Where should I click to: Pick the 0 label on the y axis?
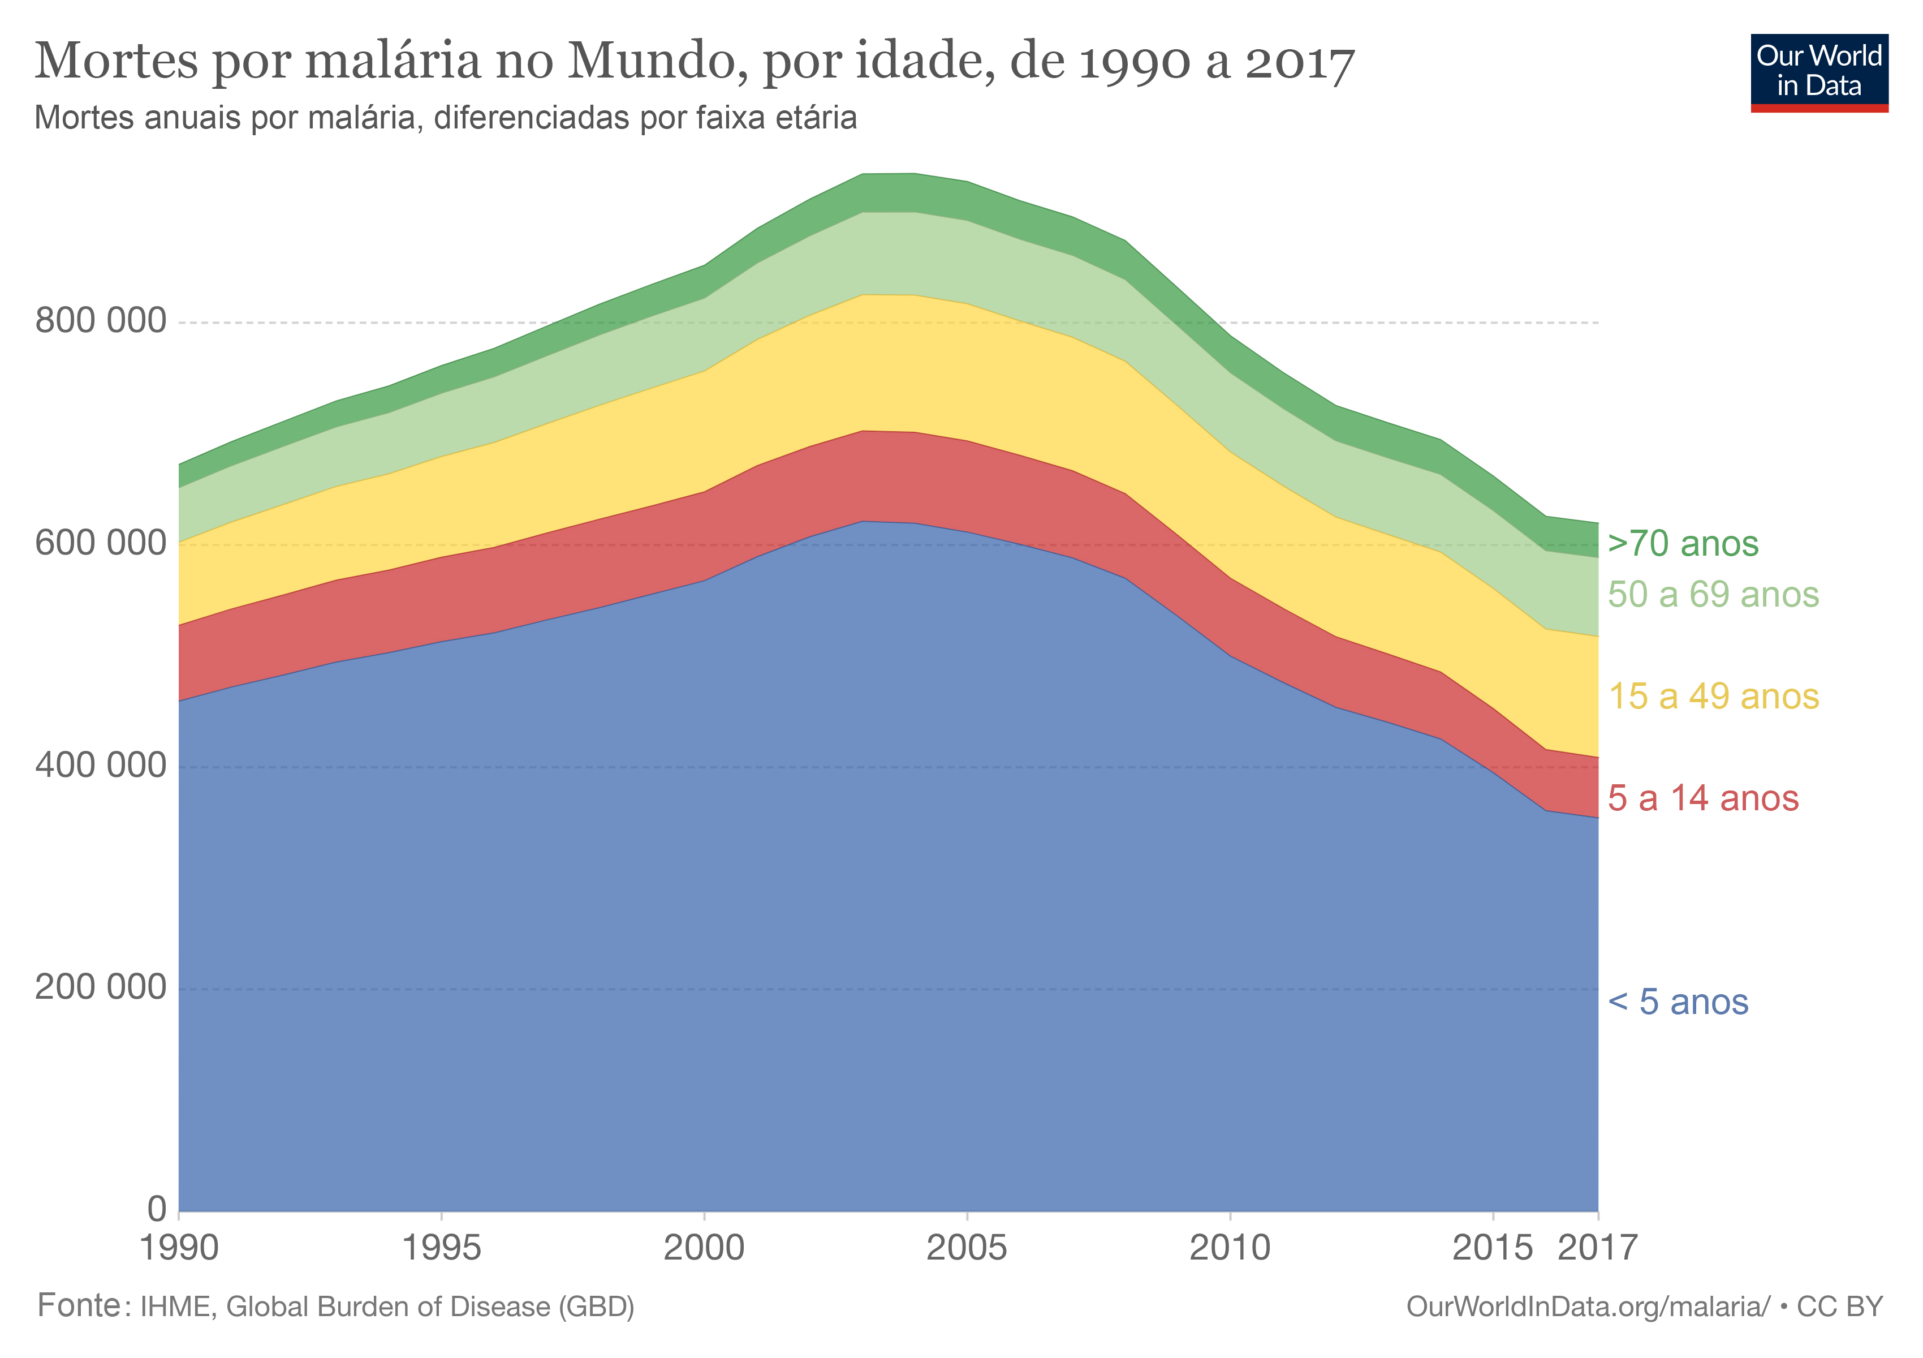click(x=157, y=1210)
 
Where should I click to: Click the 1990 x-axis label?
click(x=179, y=1248)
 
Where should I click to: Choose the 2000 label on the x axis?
click(x=704, y=1248)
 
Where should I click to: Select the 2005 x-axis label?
click(x=967, y=1248)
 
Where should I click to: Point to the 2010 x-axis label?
click(x=1230, y=1248)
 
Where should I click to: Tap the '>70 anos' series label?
click(x=1683, y=544)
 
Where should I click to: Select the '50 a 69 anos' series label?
click(x=1713, y=595)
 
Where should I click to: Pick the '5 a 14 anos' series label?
click(x=1703, y=799)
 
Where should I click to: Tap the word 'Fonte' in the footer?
click(x=80, y=1306)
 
